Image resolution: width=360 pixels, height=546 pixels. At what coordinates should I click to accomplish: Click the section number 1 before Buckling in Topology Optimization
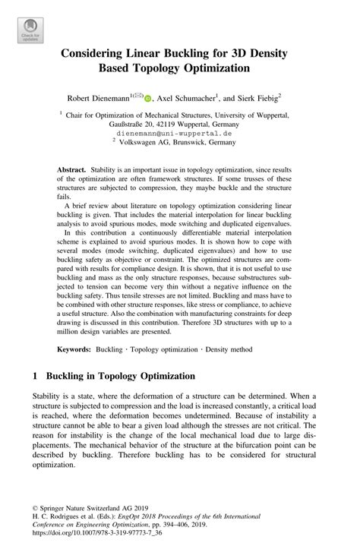[x=36, y=375]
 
